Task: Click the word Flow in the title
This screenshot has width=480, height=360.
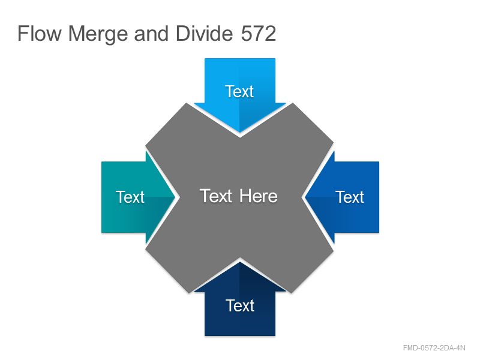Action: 40,34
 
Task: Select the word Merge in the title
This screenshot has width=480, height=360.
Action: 98,35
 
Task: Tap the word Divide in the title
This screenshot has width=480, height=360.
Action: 204,34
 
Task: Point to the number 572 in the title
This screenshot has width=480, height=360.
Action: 259,34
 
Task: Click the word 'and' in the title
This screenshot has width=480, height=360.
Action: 151,34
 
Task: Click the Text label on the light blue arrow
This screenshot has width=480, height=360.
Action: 239,92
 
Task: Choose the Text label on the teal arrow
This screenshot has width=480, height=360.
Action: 130,197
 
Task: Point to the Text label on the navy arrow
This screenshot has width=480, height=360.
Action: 240,306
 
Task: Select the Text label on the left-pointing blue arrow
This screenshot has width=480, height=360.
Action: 350,197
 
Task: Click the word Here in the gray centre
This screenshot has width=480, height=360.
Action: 259,196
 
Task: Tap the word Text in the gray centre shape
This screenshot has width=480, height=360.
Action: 216,196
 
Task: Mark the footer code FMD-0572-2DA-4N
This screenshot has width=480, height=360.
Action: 434,348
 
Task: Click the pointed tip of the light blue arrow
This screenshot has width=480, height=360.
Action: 239,133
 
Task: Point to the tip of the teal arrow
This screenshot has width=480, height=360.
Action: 175,197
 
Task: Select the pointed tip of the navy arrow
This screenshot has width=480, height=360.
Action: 239,262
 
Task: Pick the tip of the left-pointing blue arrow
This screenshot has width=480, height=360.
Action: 305,197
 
